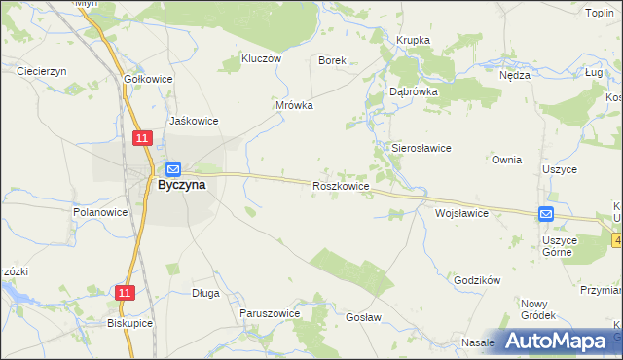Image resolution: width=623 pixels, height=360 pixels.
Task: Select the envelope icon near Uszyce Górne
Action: point(546,214)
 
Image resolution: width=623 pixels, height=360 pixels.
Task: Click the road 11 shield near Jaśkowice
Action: point(143,139)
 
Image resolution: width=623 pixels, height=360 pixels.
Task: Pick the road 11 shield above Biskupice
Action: point(124,292)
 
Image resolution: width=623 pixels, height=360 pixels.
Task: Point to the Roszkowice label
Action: point(341,185)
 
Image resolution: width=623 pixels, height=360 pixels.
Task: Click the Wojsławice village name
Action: point(461,212)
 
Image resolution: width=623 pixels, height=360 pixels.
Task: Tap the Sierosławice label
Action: point(421,148)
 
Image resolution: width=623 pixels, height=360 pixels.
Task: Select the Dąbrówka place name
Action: point(414,90)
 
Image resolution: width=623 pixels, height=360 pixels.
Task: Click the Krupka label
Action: point(413,40)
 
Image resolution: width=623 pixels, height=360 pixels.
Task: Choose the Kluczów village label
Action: point(261,58)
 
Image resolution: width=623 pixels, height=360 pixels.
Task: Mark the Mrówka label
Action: point(294,105)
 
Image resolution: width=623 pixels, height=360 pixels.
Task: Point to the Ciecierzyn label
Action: point(41,71)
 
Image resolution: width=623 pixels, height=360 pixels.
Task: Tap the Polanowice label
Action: point(101,211)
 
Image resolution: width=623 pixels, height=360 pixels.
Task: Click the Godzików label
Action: point(477,280)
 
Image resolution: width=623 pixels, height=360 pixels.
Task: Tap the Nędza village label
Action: point(514,75)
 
